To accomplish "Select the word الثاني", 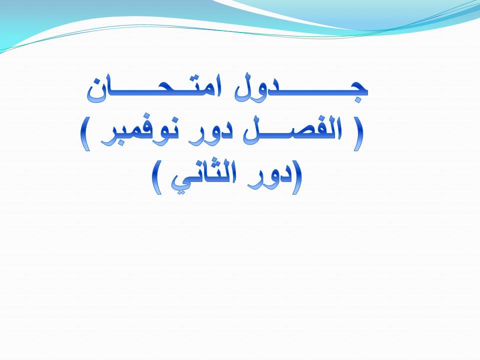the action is click(x=204, y=177).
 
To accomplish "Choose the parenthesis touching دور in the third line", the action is click(x=297, y=177).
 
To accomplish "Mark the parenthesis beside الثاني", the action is click(x=157, y=177).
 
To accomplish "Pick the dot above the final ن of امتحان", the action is click(x=98, y=82).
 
